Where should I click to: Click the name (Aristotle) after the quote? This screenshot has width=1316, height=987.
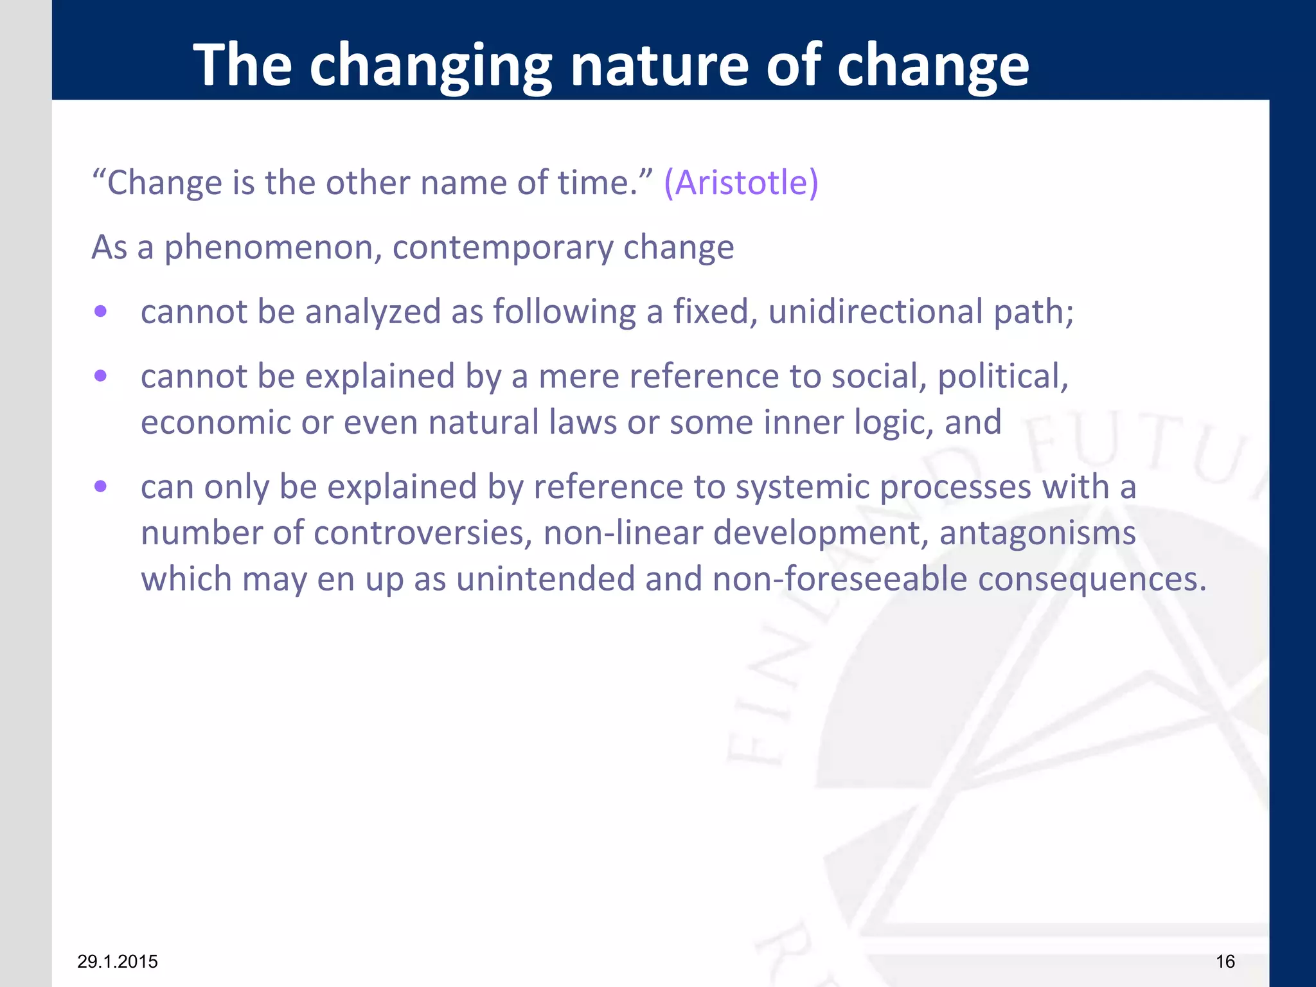click(741, 182)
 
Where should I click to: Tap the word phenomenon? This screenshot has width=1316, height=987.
click(269, 248)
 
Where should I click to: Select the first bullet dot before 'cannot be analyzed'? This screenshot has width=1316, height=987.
click(100, 312)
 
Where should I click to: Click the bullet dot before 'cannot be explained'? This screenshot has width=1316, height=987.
click(100, 376)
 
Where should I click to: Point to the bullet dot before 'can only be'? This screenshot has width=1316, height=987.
click(100, 486)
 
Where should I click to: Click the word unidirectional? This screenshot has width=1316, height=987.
click(875, 312)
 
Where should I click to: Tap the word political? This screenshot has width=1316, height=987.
click(1002, 377)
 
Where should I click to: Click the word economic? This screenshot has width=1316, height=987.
click(216, 423)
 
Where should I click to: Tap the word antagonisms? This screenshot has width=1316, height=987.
click(1037, 533)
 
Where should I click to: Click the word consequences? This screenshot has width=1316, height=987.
click(1092, 580)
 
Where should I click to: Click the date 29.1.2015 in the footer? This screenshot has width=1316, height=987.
click(118, 961)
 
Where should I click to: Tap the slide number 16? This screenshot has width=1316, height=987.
click(1225, 961)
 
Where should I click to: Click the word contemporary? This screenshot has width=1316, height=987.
click(502, 248)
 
